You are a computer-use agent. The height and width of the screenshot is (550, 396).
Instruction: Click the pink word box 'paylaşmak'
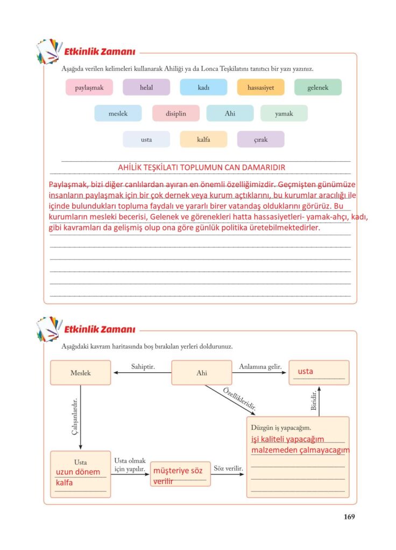(x=89, y=88)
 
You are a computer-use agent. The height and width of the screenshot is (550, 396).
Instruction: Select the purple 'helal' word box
(x=146, y=88)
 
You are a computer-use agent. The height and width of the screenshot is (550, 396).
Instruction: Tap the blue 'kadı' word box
(x=203, y=88)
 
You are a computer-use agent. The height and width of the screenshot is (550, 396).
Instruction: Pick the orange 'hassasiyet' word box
(x=260, y=88)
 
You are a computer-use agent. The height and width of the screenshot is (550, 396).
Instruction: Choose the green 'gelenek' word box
(x=317, y=88)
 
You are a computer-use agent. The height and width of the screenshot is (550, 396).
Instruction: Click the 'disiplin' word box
(x=176, y=113)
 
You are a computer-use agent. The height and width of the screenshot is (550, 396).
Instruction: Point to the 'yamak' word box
(x=284, y=113)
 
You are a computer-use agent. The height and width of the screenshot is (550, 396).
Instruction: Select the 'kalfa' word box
(x=203, y=140)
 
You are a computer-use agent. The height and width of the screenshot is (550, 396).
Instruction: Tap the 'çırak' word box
(x=260, y=140)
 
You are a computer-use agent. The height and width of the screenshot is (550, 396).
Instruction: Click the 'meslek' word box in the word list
(x=118, y=113)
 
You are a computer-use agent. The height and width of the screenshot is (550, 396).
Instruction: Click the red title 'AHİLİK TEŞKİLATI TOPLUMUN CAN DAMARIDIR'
(x=201, y=167)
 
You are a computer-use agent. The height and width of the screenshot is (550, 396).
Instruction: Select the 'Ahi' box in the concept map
(x=202, y=373)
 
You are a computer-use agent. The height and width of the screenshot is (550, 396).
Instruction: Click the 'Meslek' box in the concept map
(x=80, y=373)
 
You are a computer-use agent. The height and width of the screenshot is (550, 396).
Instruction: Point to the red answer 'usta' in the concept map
(x=305, y=371)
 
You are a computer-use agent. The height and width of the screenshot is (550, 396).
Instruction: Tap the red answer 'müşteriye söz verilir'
(x=178, y=476)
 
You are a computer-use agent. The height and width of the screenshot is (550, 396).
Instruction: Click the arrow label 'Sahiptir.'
(x=143, y=366)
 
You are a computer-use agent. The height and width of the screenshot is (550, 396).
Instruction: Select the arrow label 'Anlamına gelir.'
(x=260, y=366)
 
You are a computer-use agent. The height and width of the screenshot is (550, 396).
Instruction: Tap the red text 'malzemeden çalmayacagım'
(x=300, y=450)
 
